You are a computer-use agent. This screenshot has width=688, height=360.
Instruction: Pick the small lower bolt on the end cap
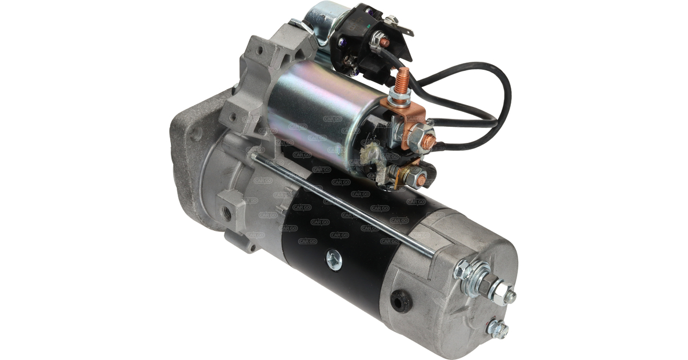coord(497,329)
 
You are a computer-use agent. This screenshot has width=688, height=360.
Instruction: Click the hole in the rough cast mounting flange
coord(196,135)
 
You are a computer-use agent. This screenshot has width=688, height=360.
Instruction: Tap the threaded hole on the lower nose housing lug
coord(228,213)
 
